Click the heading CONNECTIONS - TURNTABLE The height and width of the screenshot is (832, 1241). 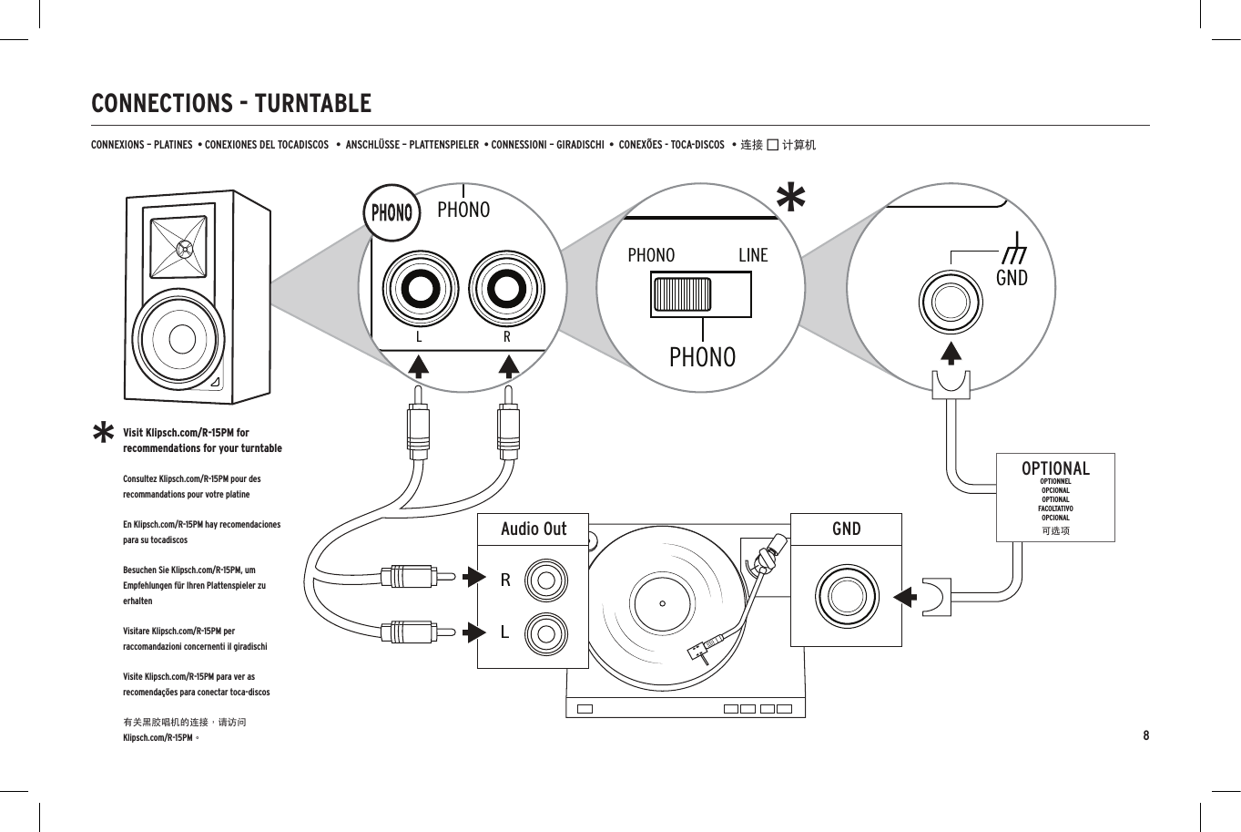[231, 103]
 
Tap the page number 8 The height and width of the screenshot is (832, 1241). [1145, 735]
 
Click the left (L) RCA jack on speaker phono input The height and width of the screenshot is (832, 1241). [421, 290]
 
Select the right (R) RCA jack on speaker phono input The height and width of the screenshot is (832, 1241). [506, 290]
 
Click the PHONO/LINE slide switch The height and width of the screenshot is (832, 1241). [700, 294]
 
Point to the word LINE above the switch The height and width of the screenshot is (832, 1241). [753, 255]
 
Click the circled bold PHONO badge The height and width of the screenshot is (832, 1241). [392, 212]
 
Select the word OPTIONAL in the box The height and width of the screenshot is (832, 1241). [1055, 468]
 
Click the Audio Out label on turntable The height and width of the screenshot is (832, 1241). [534, 529]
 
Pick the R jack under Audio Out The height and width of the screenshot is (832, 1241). [549, 580]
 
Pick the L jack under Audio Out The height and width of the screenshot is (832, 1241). [549, 632]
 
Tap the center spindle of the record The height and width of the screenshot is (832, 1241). [663, 603]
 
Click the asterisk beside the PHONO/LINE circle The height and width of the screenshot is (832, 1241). [791, 198]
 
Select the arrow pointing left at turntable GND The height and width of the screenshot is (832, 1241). [903, 598]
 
